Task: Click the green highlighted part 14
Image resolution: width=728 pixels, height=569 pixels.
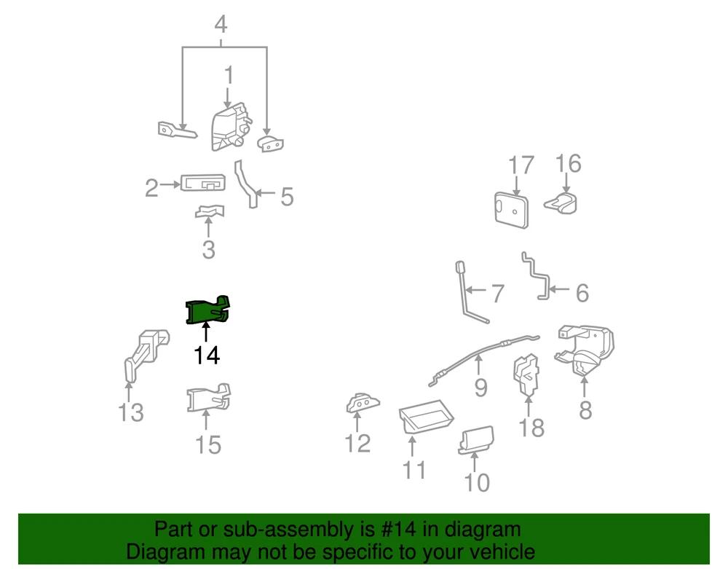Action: [207, 310]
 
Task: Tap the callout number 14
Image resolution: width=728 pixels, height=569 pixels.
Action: [207, 356]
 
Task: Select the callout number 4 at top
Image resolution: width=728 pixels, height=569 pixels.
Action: [221, 24]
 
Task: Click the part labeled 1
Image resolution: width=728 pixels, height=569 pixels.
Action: [231, 127]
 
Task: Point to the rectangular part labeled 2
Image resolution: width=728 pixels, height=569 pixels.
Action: [203, 183]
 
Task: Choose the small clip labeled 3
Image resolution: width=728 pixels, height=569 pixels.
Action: [210, 211]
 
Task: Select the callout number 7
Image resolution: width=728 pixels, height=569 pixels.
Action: [498, 294]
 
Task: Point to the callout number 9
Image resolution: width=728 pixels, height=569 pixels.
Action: [480, 388]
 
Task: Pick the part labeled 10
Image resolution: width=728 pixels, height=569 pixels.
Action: [476, 440]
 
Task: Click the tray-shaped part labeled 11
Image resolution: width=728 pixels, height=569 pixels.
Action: [426, 417]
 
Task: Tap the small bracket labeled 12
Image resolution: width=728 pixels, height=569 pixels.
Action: [362, 403]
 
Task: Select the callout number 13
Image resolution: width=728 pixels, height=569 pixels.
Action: [131, 412]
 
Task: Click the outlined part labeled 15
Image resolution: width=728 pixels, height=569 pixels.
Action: [208, 398]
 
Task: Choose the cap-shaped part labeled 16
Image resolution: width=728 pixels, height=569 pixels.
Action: [561, 203]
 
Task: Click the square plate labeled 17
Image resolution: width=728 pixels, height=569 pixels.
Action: [511, 210]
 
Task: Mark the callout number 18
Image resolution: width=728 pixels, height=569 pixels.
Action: [531, 428]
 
